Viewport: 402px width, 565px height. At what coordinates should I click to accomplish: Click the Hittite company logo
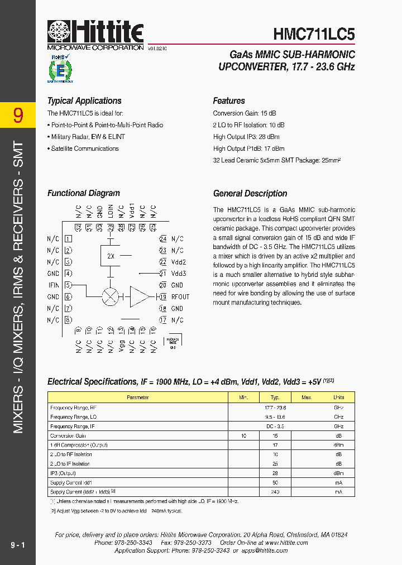(95, 35)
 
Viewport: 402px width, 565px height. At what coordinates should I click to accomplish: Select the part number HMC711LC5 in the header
(314, 35)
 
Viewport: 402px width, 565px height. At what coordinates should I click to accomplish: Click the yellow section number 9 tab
(18, 115)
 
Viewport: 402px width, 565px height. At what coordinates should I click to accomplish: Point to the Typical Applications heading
(84, 101)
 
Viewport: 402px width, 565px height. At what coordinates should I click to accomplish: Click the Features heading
(229, 101)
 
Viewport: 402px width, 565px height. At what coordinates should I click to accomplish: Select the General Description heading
(250, 194)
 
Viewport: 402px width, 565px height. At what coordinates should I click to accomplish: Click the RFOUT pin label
(180, 297)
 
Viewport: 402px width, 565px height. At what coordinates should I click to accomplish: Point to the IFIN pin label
(53, 285)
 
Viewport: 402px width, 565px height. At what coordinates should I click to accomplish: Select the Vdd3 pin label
(179, 274)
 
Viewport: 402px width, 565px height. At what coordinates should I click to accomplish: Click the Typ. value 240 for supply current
(275, 492)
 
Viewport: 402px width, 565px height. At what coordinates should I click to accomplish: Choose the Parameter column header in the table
(138, 398)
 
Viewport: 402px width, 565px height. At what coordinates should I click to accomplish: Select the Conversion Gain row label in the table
(68, 435)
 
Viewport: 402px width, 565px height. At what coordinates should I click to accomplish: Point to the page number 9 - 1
(18, 545)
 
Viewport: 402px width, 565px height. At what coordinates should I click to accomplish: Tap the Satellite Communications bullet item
(85, 149)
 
